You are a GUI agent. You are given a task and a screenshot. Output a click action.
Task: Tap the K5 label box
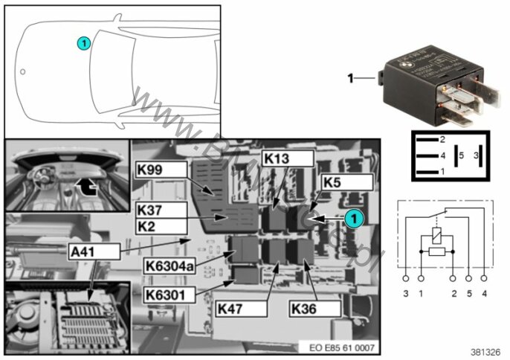tap(345, 181)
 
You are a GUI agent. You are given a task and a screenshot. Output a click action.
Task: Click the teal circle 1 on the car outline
tap(84, 43)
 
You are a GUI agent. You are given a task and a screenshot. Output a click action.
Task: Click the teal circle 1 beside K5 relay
tap(354, 218)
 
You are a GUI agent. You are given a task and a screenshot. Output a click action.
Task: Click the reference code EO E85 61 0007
tap(339, 347)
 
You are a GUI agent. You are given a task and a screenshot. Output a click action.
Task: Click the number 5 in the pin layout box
tap(460, 155)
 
